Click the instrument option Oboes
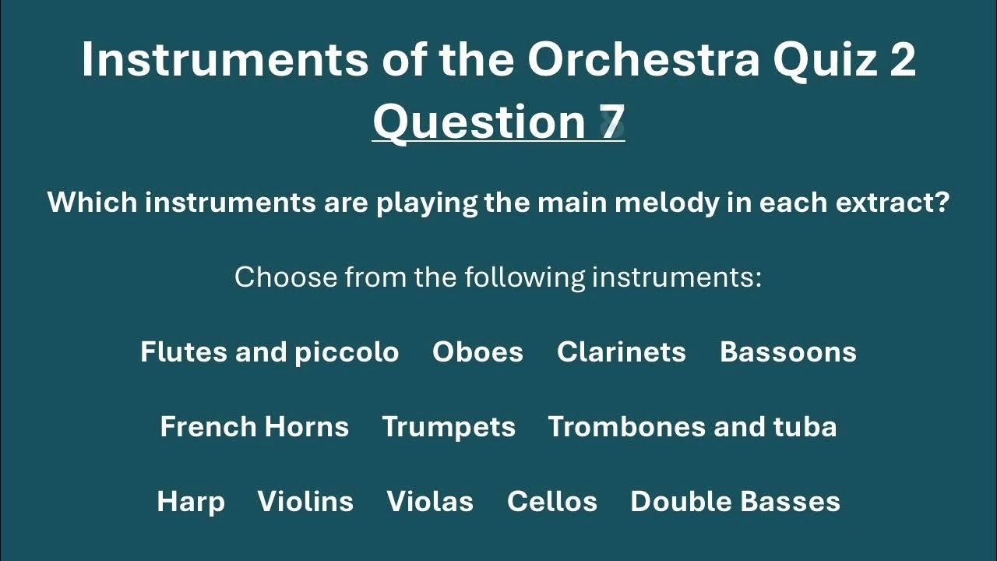pos(477,352)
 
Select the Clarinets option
pos(622,352)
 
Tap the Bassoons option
pos(788,352)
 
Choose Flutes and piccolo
pos(270,352)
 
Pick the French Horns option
pos(254,427)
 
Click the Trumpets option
pos(449,427)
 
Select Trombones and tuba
pos(692,427)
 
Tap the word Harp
pos(191,502)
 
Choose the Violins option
pos(305,502)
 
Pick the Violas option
pos(430,502)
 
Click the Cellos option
pos(552,502)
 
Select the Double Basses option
pos(735,502)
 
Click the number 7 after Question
pos(611,122)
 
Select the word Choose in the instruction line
pos(286,277)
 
